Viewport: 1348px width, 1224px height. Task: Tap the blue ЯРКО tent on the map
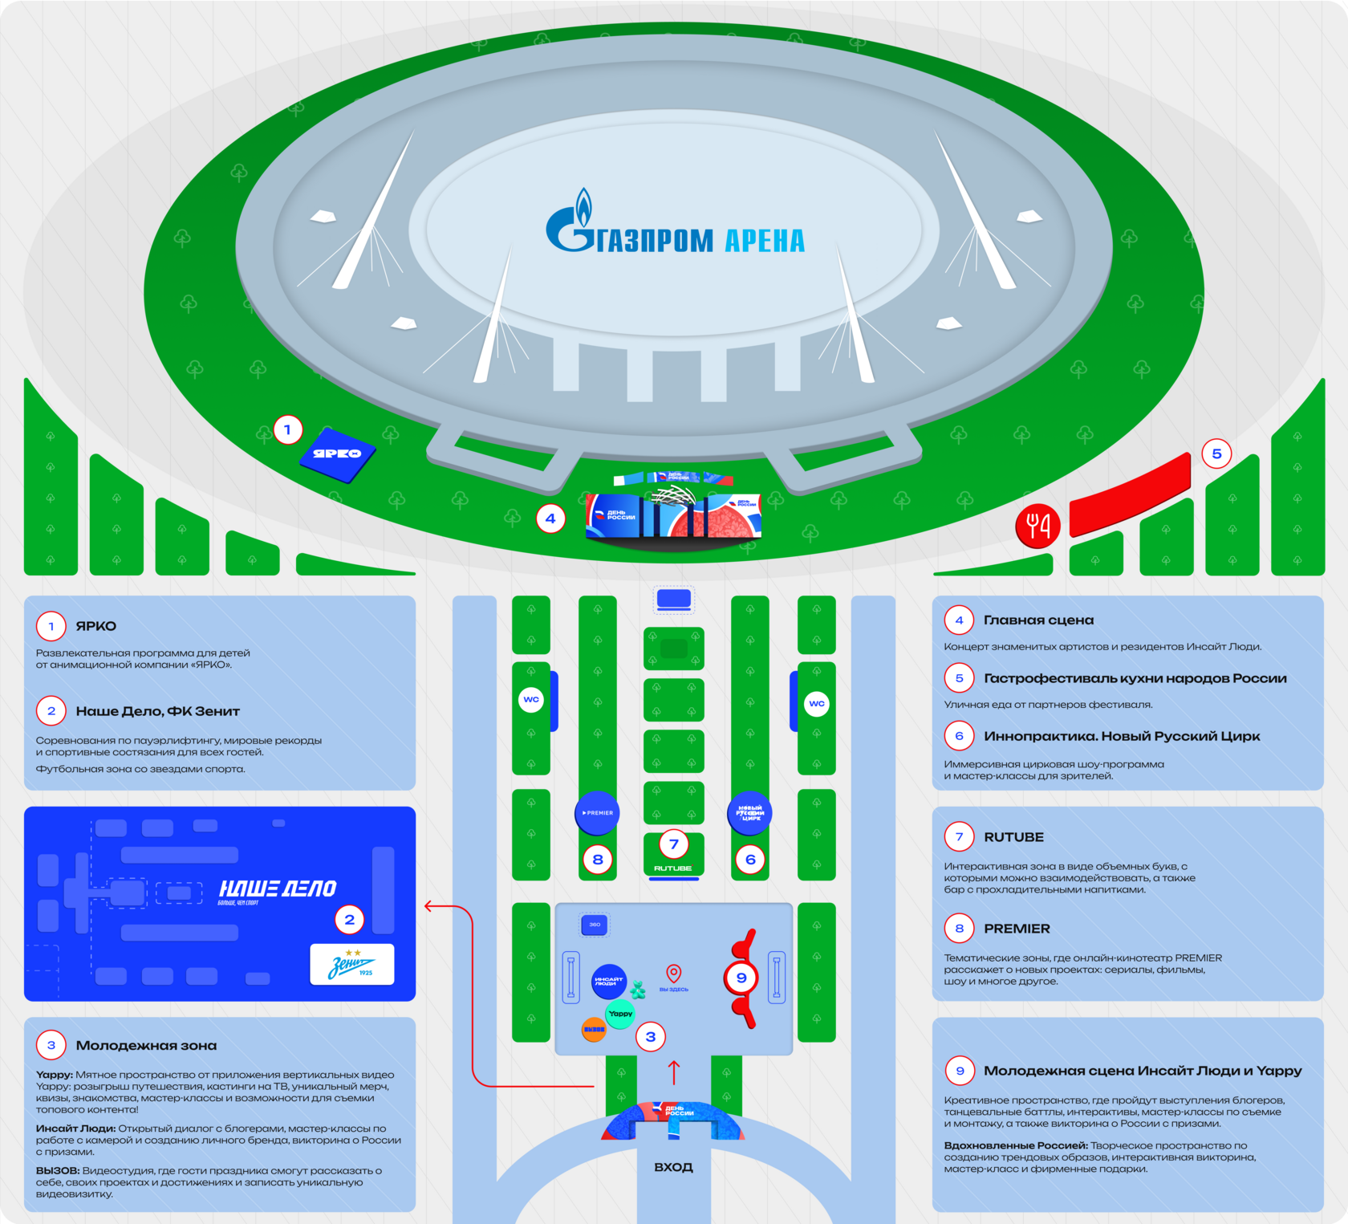pyautogui.click(x=338, y=454)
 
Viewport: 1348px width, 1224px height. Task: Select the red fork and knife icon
pyautogui.click(x=1037, y=526)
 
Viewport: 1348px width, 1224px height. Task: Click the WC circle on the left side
pyautogui.click(x=531, y=700)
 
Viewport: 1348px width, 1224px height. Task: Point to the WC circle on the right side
pyautogui.click(x=817, y=704)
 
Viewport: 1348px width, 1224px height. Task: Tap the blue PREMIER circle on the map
pyautogui.click(x=597, y=813)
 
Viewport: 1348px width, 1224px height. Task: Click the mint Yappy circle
pyautogui.click(x=620, y=1014)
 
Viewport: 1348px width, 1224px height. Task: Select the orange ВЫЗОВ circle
pyautogui.click(x=594, y=1030)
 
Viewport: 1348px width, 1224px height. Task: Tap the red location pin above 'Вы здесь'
pyautogui.click(x=674, y=974)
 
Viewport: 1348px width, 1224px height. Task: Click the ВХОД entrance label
pyautogui.click(x=673, y=1167)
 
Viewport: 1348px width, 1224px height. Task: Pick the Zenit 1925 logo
pyautogui.click(x=352, y=965)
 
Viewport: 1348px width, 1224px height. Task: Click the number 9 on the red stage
pyautogui.click(x=741, y=978)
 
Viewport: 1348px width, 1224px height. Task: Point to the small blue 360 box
pyautogui.click(x=595, y=925)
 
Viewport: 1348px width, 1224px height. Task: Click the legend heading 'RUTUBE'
pyautogui.click(x=1013, y=837)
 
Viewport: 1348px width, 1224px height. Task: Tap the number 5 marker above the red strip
pyautogui.click(x=1216, y=454)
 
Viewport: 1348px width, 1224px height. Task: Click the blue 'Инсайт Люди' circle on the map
pyautogui.click(x=609, y=981)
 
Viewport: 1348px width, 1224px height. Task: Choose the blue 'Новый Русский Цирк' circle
pyautogui.click(x=749, y=813)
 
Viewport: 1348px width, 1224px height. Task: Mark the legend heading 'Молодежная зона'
pyautogui.click(x=146, y=1045)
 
